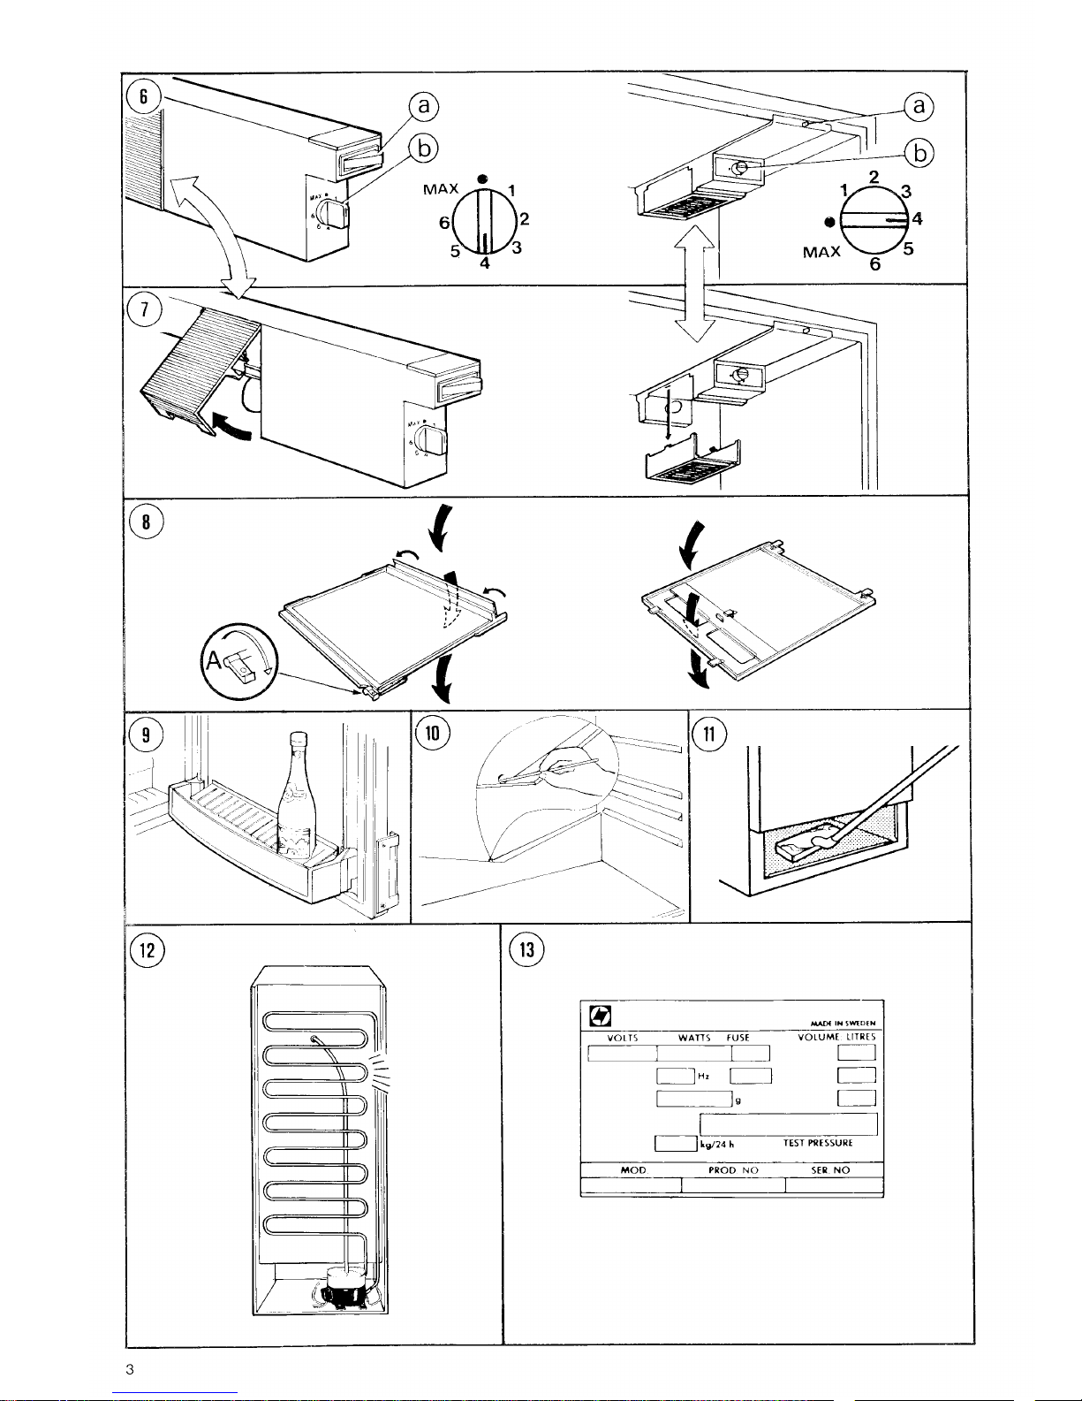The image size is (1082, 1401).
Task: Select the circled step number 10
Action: coord(433,733)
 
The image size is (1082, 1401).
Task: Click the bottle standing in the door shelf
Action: coord(294,800)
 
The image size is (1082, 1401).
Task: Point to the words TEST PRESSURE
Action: coord(818,1143)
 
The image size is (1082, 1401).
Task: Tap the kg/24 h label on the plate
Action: coord(717,1144)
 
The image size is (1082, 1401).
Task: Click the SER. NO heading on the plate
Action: coord(829,1170)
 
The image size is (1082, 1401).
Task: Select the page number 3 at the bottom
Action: coord(129,1370)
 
